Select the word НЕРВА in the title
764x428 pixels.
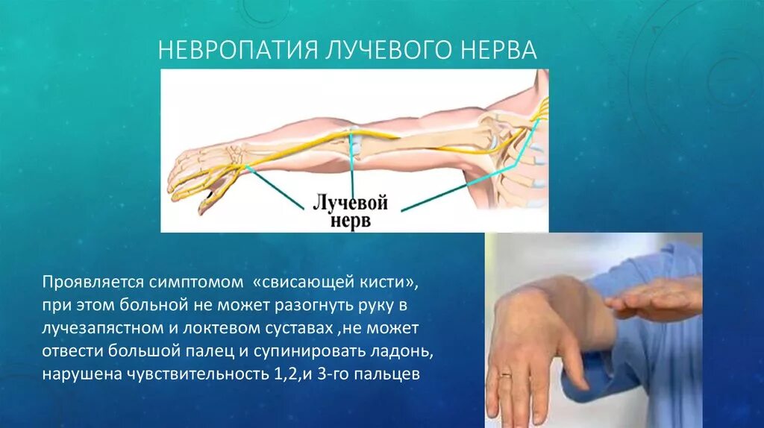[500, 51]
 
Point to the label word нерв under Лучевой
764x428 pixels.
[351, 221]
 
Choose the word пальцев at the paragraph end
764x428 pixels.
[393, 374]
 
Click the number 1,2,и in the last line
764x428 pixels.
[296, 374]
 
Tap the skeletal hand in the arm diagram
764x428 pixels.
[201, 168]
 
